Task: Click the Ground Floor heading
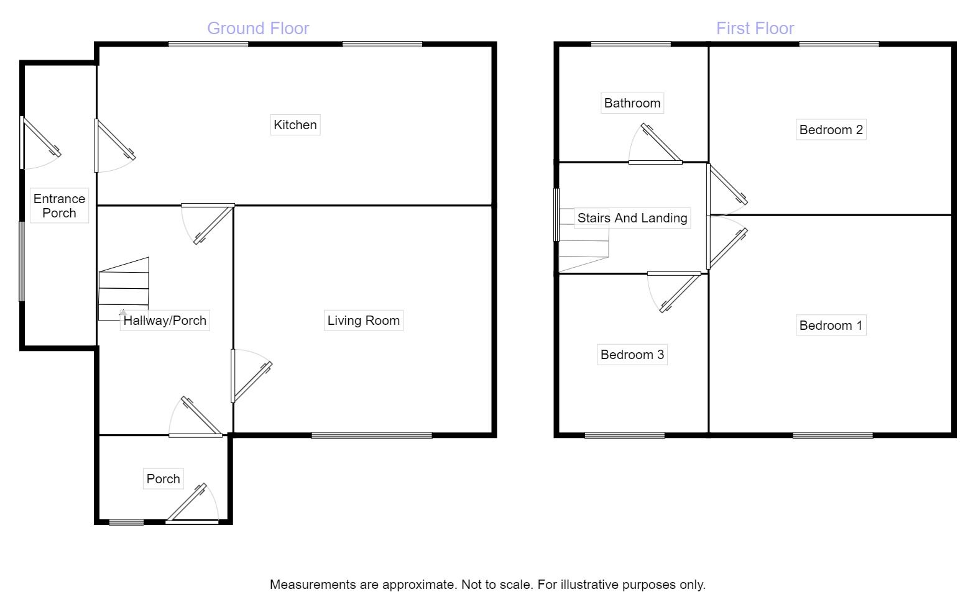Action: click(x=257, y=29)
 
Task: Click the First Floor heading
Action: click(x=755, y=29)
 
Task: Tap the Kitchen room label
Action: click(x=295, y=125)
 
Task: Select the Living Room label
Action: click(x=363, y=321)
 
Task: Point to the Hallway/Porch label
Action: click(x=165, y=321)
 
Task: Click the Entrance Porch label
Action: click(x=59, y=206)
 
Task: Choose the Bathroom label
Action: click(x=632, y=103)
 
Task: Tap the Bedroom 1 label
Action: click(x=831, y=325)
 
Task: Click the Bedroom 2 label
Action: click(x=831, y=130)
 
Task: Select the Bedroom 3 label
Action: click(x=632, y=355)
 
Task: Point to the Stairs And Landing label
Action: click(x=632, y=218)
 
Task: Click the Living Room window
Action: click(x=372, y=435)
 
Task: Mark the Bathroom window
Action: click(x=630, y=44)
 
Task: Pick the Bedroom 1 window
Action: click(x=832, y=435)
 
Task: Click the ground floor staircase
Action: click(x=124, y=289)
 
